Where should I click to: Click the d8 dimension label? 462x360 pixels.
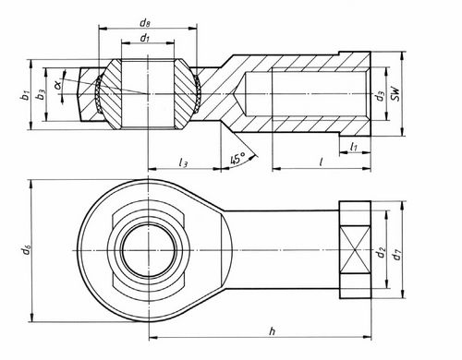coord(145,23)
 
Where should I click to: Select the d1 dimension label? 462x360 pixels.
coord(145,38)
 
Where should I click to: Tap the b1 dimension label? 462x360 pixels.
coord(25,95)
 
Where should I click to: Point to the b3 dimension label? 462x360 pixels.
coord(41,95)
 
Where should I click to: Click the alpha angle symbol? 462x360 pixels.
coord(57,84)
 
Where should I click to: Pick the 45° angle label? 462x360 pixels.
coord(237,159)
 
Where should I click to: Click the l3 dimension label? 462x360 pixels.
coord(183,162)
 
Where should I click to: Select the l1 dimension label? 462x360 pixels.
coord(354,147)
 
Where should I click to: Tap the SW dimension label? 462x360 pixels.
coord(395,93)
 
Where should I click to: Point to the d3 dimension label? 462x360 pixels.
coord(381,96)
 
